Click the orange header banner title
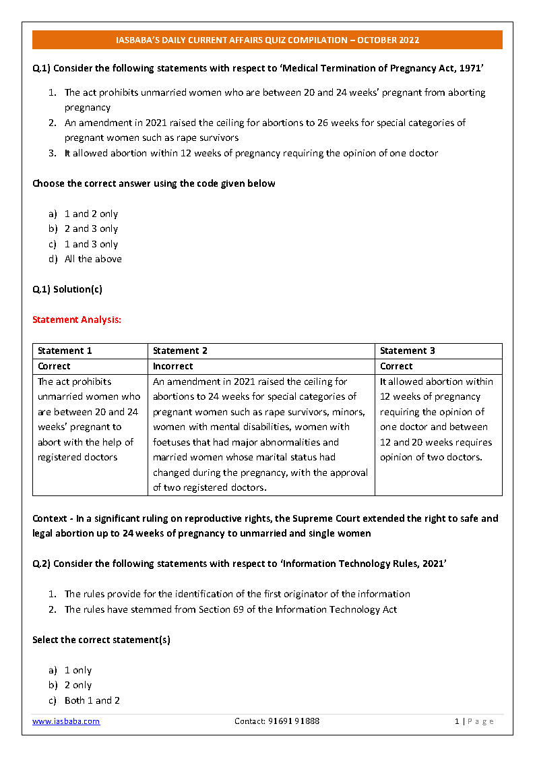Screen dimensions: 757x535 click(267, 40)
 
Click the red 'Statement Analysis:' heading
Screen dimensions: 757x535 click(77, 320)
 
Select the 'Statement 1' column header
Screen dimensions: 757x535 click(65, 351)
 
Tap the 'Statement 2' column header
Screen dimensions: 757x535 click(180, 351)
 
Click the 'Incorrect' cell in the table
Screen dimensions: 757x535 click(172, 366)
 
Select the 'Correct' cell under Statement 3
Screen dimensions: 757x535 click(396, 366)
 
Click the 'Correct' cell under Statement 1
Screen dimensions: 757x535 click(54, 366)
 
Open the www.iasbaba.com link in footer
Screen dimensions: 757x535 click(66, 721)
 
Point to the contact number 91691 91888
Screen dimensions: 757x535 click(277, 721)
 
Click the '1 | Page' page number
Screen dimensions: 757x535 click(474, 721)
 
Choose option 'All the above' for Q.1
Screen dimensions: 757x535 click(93, 259)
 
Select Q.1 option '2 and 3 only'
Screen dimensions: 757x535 click(91, 229)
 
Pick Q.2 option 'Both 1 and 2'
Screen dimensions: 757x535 click(92, 700)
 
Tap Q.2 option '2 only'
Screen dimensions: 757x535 click(78, 685)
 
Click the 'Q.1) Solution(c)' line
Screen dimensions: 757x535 click(67, 289)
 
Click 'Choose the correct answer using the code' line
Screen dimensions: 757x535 click(154, 183)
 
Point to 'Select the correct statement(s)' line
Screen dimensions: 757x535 click(101, 640)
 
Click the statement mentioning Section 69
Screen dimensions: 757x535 click(230, 609)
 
